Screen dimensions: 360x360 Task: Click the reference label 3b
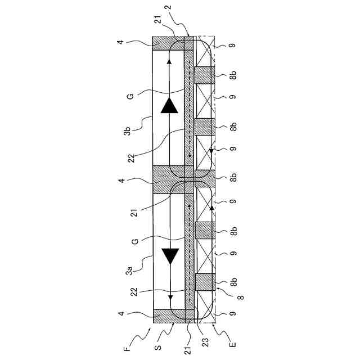coord(128,132)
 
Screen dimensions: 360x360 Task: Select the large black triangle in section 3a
coord(169,256)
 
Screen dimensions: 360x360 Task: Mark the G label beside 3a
coord(130,241)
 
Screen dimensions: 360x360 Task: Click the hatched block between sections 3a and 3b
coord(169,180)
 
